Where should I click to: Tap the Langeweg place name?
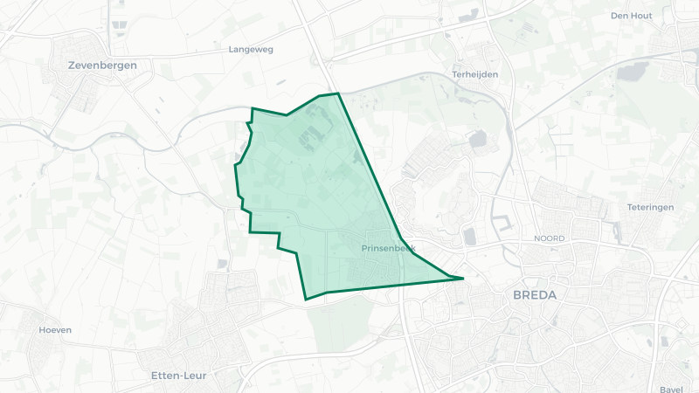point(251,50)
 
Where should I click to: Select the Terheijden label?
point(475,75)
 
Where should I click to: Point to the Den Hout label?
point(632,16)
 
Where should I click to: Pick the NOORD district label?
point(550,238)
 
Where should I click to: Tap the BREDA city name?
point(535,295)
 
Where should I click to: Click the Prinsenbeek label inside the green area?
point(389,249)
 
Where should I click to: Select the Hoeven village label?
point(55,330)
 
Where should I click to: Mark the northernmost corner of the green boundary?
point(337,93)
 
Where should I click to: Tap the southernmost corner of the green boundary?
point(306,300)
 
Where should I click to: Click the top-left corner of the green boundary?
point(253,108)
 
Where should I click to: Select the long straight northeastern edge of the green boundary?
point(369,166)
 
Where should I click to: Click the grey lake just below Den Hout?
point(633,71)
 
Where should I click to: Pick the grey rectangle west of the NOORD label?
point(470,236)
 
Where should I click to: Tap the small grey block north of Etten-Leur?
point(222,263)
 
